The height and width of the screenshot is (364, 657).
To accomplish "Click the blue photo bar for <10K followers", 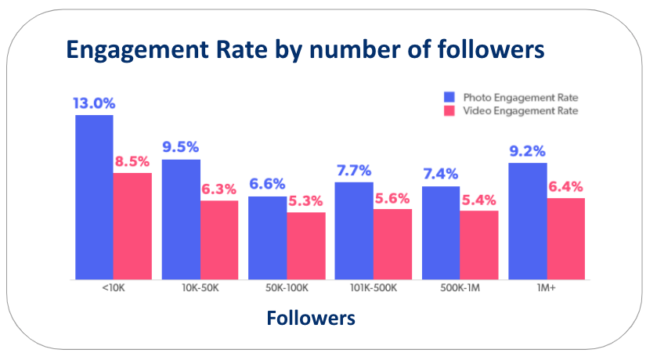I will (x=94, y=196).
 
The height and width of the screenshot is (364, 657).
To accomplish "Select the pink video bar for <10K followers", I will (x=132, y=225).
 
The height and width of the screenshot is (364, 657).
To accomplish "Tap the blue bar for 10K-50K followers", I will (x=181, y=219).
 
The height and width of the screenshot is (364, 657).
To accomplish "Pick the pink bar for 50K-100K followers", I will (x=305, y=245).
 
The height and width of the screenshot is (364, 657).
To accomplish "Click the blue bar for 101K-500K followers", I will (x=354, y=230).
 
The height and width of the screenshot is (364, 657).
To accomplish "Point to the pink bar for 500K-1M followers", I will (x=478, y=244).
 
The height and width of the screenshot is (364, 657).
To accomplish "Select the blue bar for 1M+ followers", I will (x=527, y=220).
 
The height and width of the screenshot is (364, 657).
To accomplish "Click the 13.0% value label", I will (x=93, y=103).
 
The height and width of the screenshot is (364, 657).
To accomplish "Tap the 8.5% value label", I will (x=132, y=162).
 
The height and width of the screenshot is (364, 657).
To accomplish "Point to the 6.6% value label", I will (x=267, y=185).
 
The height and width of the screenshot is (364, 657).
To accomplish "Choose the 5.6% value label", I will (x=392, y=199).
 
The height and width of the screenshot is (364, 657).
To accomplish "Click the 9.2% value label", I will (x=526, y=151).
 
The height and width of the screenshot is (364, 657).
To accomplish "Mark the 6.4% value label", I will (x=565, y=187).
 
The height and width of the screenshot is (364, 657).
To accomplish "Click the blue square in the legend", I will (x=449, y=97).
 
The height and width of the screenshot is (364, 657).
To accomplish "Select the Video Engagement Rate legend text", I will (x=520, y=111).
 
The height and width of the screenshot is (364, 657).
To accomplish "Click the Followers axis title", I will (x=310, y=319).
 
